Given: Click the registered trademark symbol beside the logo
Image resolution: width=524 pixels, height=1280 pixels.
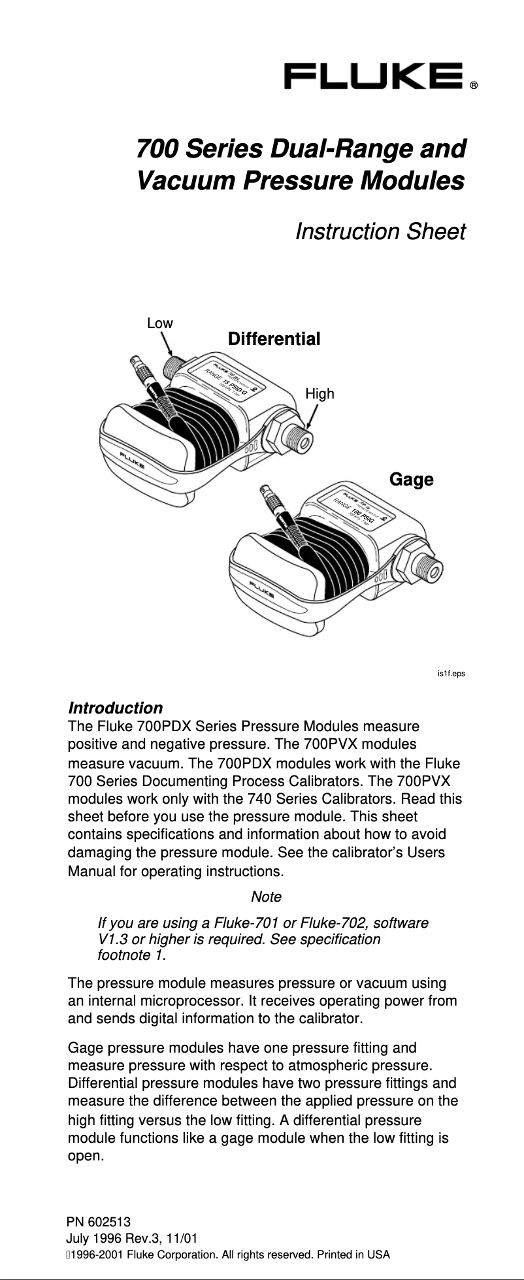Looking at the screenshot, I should point(475,86).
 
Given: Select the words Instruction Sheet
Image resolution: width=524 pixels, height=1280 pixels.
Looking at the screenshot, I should point(380,231).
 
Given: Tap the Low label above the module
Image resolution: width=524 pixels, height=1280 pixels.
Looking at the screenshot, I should point(159,323).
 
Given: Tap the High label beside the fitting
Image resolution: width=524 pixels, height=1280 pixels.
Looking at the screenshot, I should point(319,393).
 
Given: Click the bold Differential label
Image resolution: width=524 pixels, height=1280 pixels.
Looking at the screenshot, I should point(274,339).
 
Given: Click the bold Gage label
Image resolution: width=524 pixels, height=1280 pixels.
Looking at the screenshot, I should point(411,480).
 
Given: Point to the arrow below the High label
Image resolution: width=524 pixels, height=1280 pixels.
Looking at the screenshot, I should point(312,417).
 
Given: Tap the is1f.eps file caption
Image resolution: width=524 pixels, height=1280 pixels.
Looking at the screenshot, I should point(451,672).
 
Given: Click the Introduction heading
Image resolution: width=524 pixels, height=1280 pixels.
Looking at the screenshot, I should point(116,708).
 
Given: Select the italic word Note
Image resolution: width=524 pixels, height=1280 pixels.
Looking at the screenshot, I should point(266,896).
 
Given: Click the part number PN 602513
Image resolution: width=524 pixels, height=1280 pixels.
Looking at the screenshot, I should point(99,1221).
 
